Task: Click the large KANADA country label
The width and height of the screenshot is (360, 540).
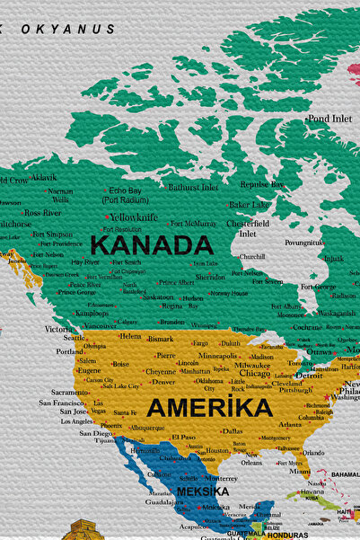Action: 152,245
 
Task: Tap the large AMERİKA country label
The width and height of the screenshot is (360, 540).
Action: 209,408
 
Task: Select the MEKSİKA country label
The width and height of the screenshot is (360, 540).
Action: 202,492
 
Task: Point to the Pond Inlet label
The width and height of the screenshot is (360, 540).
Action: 329,119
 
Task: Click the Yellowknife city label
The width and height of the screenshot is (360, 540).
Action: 134,217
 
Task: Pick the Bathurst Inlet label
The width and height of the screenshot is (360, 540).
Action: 193,188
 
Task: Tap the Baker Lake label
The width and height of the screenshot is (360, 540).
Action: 248,205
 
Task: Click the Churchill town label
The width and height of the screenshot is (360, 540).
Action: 251,256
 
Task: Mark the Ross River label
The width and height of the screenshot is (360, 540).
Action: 42,213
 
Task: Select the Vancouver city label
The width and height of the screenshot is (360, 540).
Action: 100,325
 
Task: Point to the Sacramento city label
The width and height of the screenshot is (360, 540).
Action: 70,393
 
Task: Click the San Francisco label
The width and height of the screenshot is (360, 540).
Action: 62,403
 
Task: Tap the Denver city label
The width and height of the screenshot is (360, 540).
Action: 163,382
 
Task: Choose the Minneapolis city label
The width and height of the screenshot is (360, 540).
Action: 217,356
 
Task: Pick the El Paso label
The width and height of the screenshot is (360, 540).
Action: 183,437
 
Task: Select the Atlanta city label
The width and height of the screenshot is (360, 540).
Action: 290,425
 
